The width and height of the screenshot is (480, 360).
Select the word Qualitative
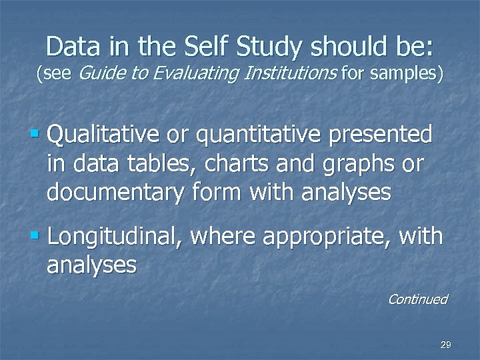coord(103,135)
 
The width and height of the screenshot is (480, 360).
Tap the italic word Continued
coord(417,299)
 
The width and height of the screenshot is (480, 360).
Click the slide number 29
coord(446,345)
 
